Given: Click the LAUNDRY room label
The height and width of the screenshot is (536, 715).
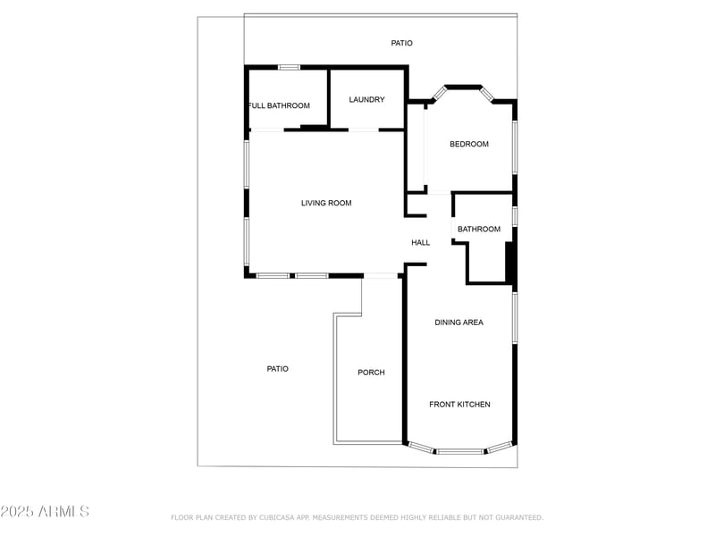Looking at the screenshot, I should pyautogui.click(x=366, y=99).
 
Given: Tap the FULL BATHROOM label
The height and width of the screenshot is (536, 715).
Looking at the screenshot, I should pyautogui.click(x=279, y=105).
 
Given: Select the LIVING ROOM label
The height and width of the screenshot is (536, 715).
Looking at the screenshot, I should pyautogui.click(x=326, y=203).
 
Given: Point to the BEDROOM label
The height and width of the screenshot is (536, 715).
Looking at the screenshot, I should pyautogui.click(x=468, y=144).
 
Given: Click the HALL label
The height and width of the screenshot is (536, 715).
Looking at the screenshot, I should pyautogui.click(x=420, y=242).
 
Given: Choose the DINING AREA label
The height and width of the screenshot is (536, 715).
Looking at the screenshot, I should pyautogui.click(x=458, y=322).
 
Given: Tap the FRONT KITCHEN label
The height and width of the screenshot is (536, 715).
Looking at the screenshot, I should pyautogui.click(x=459, y=405).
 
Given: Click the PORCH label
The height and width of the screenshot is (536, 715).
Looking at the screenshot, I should pyautogui.click(x=371, y=372).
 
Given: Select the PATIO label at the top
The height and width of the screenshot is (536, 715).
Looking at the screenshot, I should pyautogui.click(x=402, y=43).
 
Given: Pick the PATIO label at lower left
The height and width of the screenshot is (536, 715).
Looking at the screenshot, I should pyautogui.click(x=278, y=368).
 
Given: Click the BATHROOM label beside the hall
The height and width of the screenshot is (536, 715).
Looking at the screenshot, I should pyautogui.click(x=479, y=229).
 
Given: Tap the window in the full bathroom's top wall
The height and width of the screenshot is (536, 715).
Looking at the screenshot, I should pyautogui.click(x=288, y=67).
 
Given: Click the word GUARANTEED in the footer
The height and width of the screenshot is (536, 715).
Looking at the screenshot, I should pyautogui.click(x=517, y=517).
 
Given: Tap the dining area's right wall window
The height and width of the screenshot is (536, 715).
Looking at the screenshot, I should pyautogui.click(x=515, y=317).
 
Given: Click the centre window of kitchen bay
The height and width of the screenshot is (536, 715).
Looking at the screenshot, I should pyautogui.click(x=460, y=451).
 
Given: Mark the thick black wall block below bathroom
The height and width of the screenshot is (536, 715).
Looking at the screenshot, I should pyautogui.click(x=510, y=263).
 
